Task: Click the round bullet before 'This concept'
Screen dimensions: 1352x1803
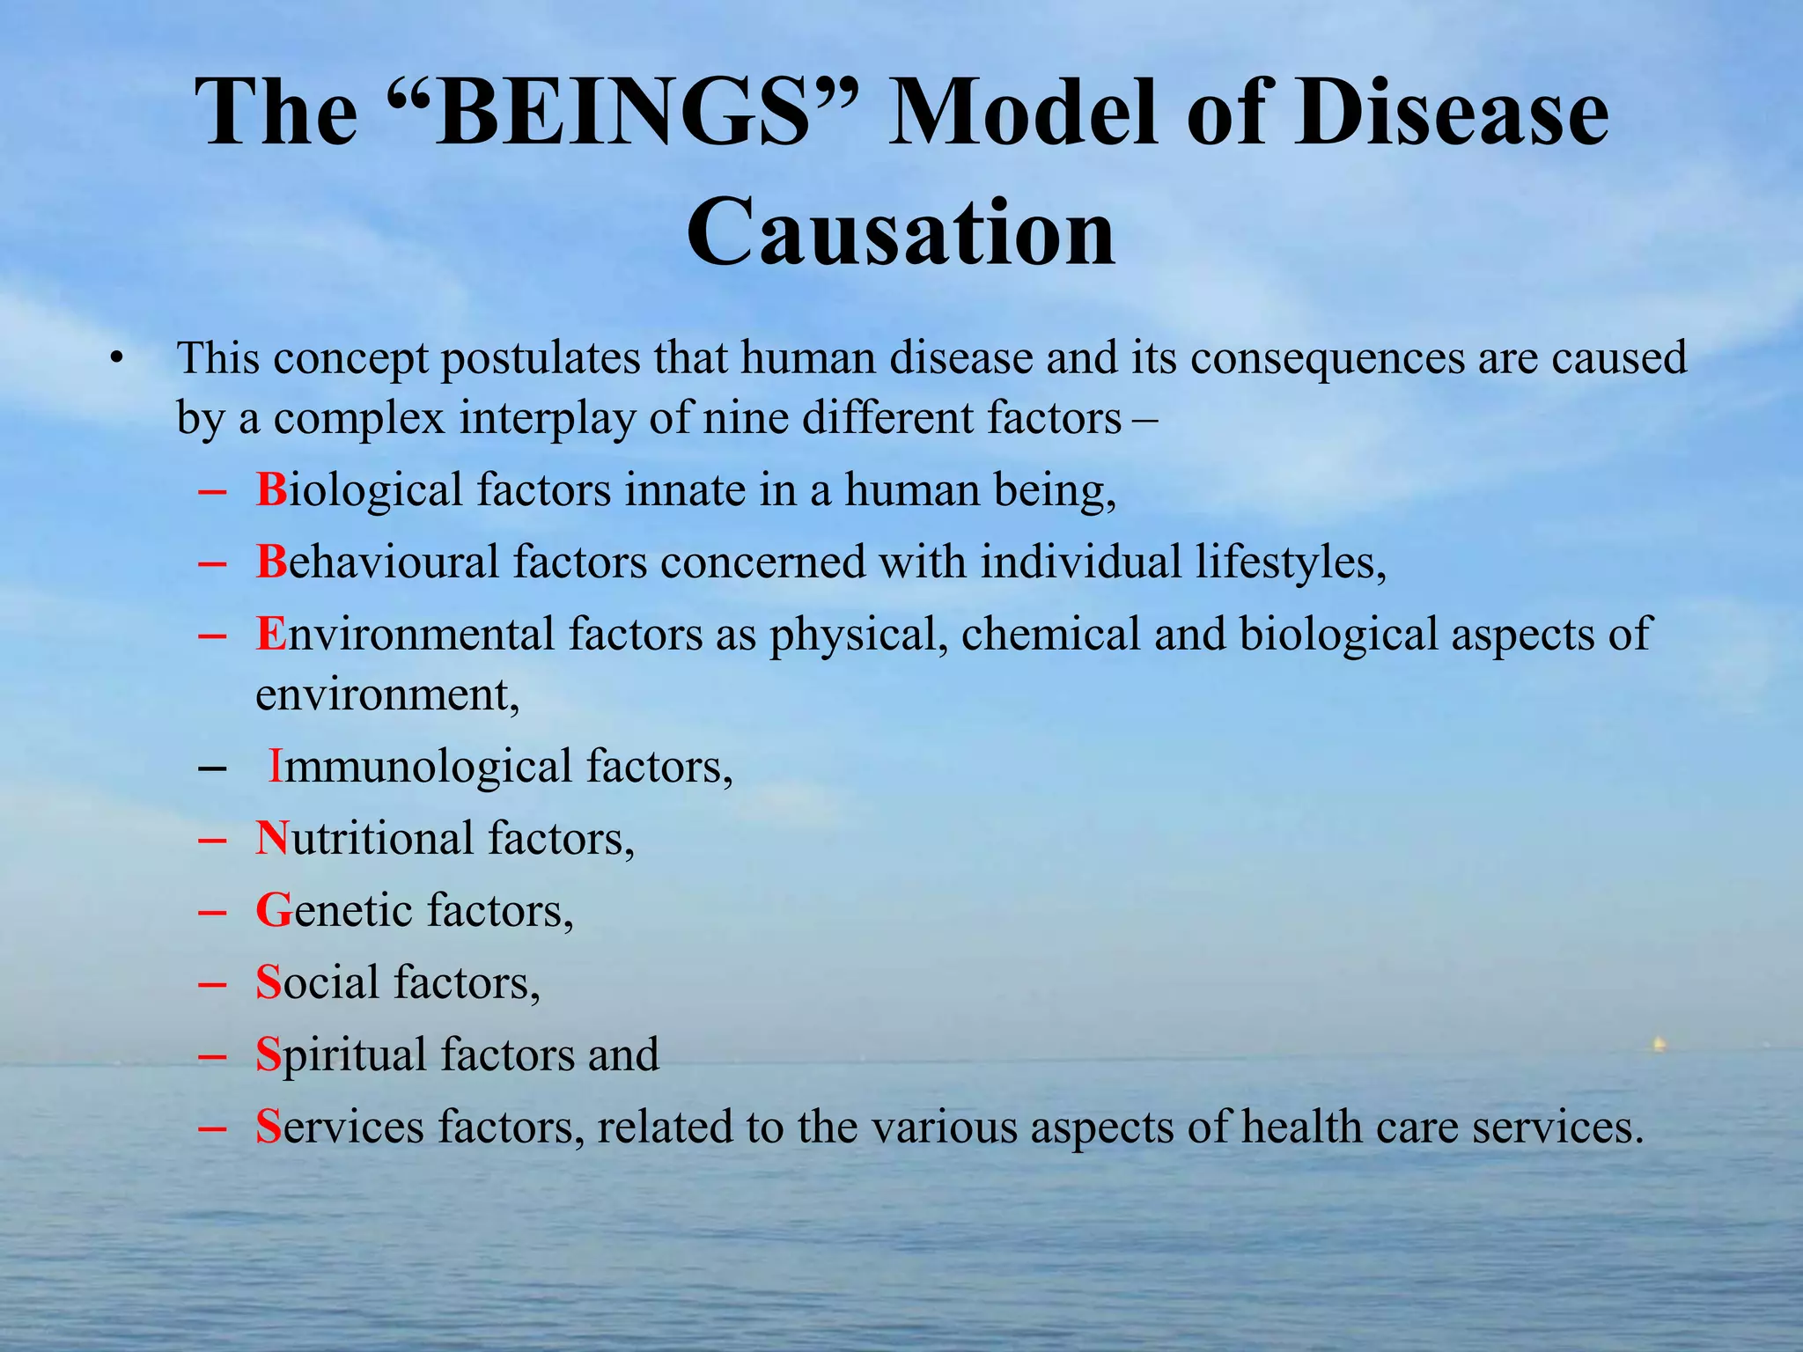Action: [x=115, y=359]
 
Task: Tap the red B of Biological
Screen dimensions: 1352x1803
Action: [x=271, y=489]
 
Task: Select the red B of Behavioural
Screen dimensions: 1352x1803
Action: [x=271, y=562]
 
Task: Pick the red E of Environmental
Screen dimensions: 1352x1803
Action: [x=270, y=634]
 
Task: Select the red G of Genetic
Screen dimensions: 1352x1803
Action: [x=273, y=910]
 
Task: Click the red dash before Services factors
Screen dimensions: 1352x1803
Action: [x=212, y=1128]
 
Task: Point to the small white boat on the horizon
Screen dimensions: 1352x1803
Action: [x=1659, y=1045]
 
